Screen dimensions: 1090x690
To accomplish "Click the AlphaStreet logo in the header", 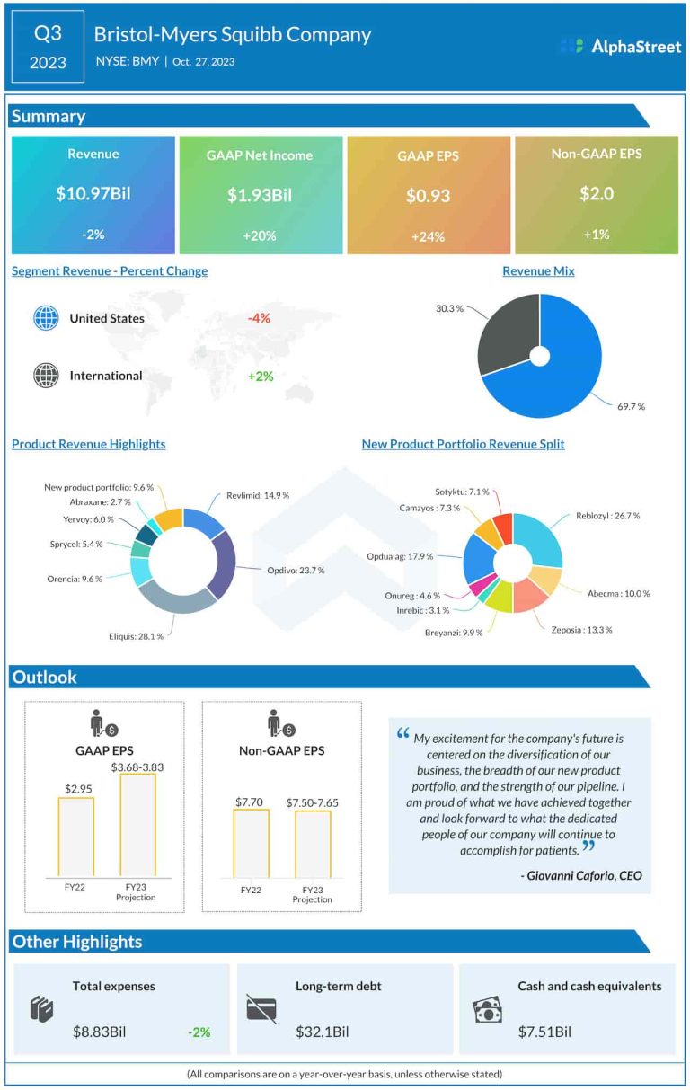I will (620, 46).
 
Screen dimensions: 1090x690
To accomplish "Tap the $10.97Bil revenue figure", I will (93, 192).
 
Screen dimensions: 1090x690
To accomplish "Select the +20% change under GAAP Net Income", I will (261, 235).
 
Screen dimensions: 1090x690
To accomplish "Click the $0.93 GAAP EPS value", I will (428, 195).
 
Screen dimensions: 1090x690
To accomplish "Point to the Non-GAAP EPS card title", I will (597, 154).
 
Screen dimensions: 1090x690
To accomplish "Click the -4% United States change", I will (259, 318).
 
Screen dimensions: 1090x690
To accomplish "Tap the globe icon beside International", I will (46, 376).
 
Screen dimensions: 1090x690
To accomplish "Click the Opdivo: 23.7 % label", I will (296, 570).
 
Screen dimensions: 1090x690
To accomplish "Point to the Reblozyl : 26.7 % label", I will (606, 517).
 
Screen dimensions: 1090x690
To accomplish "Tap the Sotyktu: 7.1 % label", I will (462, 492).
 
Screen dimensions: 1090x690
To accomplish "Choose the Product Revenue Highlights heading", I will (88, 444).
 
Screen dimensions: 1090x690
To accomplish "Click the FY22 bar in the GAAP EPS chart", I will (75, 836).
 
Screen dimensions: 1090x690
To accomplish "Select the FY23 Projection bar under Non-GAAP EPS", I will (313, 843).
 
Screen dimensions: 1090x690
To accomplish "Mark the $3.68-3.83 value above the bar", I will (137, 767).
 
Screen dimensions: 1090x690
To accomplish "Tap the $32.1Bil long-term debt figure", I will (322, 1032).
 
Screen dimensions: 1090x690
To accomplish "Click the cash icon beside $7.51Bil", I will (487, 1011).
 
